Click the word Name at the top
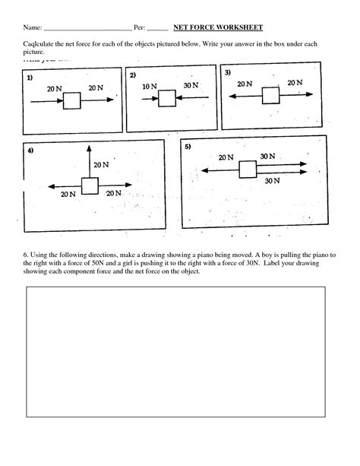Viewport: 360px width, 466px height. pos(33,27)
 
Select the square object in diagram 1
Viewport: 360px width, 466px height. pos(73,100)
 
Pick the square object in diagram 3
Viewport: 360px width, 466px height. pos(270,95)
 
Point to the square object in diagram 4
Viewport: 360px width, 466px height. pos(90,185)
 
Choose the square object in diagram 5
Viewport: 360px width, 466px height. pos(247,169)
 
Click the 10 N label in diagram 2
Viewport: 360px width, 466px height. pos(150,87)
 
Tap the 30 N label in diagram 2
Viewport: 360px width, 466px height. pos(191,85)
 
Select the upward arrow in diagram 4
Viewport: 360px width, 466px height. pos(90,161)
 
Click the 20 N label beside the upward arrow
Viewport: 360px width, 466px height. pos(101,164)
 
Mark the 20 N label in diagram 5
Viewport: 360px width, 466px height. pos(226,157)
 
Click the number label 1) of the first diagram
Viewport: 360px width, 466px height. pos(29,78)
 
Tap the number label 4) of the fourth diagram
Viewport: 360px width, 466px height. pos(30,151)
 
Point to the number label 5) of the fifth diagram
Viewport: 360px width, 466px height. pos(188,146)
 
